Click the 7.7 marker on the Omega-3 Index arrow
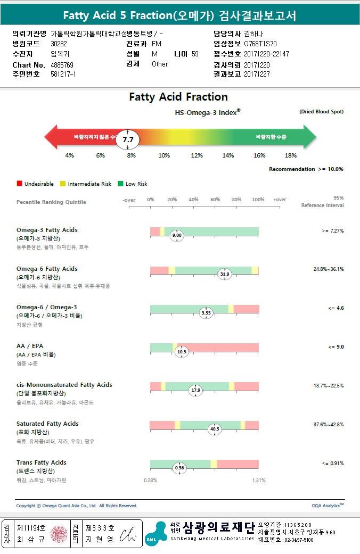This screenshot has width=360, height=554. click(128, 139)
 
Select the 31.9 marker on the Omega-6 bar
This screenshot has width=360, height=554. click(225, 274)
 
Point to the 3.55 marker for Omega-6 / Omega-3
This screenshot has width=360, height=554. click(206, 313)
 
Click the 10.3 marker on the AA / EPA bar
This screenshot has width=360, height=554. click(182, 352)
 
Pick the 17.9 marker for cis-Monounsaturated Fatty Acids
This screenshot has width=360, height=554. click(196, 390)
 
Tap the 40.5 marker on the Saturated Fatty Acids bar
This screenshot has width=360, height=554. click(215, 429)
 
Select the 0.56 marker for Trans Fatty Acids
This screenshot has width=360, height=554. click(180, 468)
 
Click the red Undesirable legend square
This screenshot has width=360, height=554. click(19, 184)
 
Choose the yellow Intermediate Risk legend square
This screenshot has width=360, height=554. click(63, 184)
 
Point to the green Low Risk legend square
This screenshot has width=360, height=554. click(120, 184)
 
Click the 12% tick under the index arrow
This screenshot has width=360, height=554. click(197, 155)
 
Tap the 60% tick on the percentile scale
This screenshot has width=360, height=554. click(215, 200)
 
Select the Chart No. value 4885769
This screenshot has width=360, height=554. click(62, 64)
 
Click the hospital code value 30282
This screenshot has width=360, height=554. click(59, 44)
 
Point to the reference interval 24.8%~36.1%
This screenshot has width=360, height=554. click(328, 269)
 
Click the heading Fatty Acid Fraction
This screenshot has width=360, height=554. click(178, 97)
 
